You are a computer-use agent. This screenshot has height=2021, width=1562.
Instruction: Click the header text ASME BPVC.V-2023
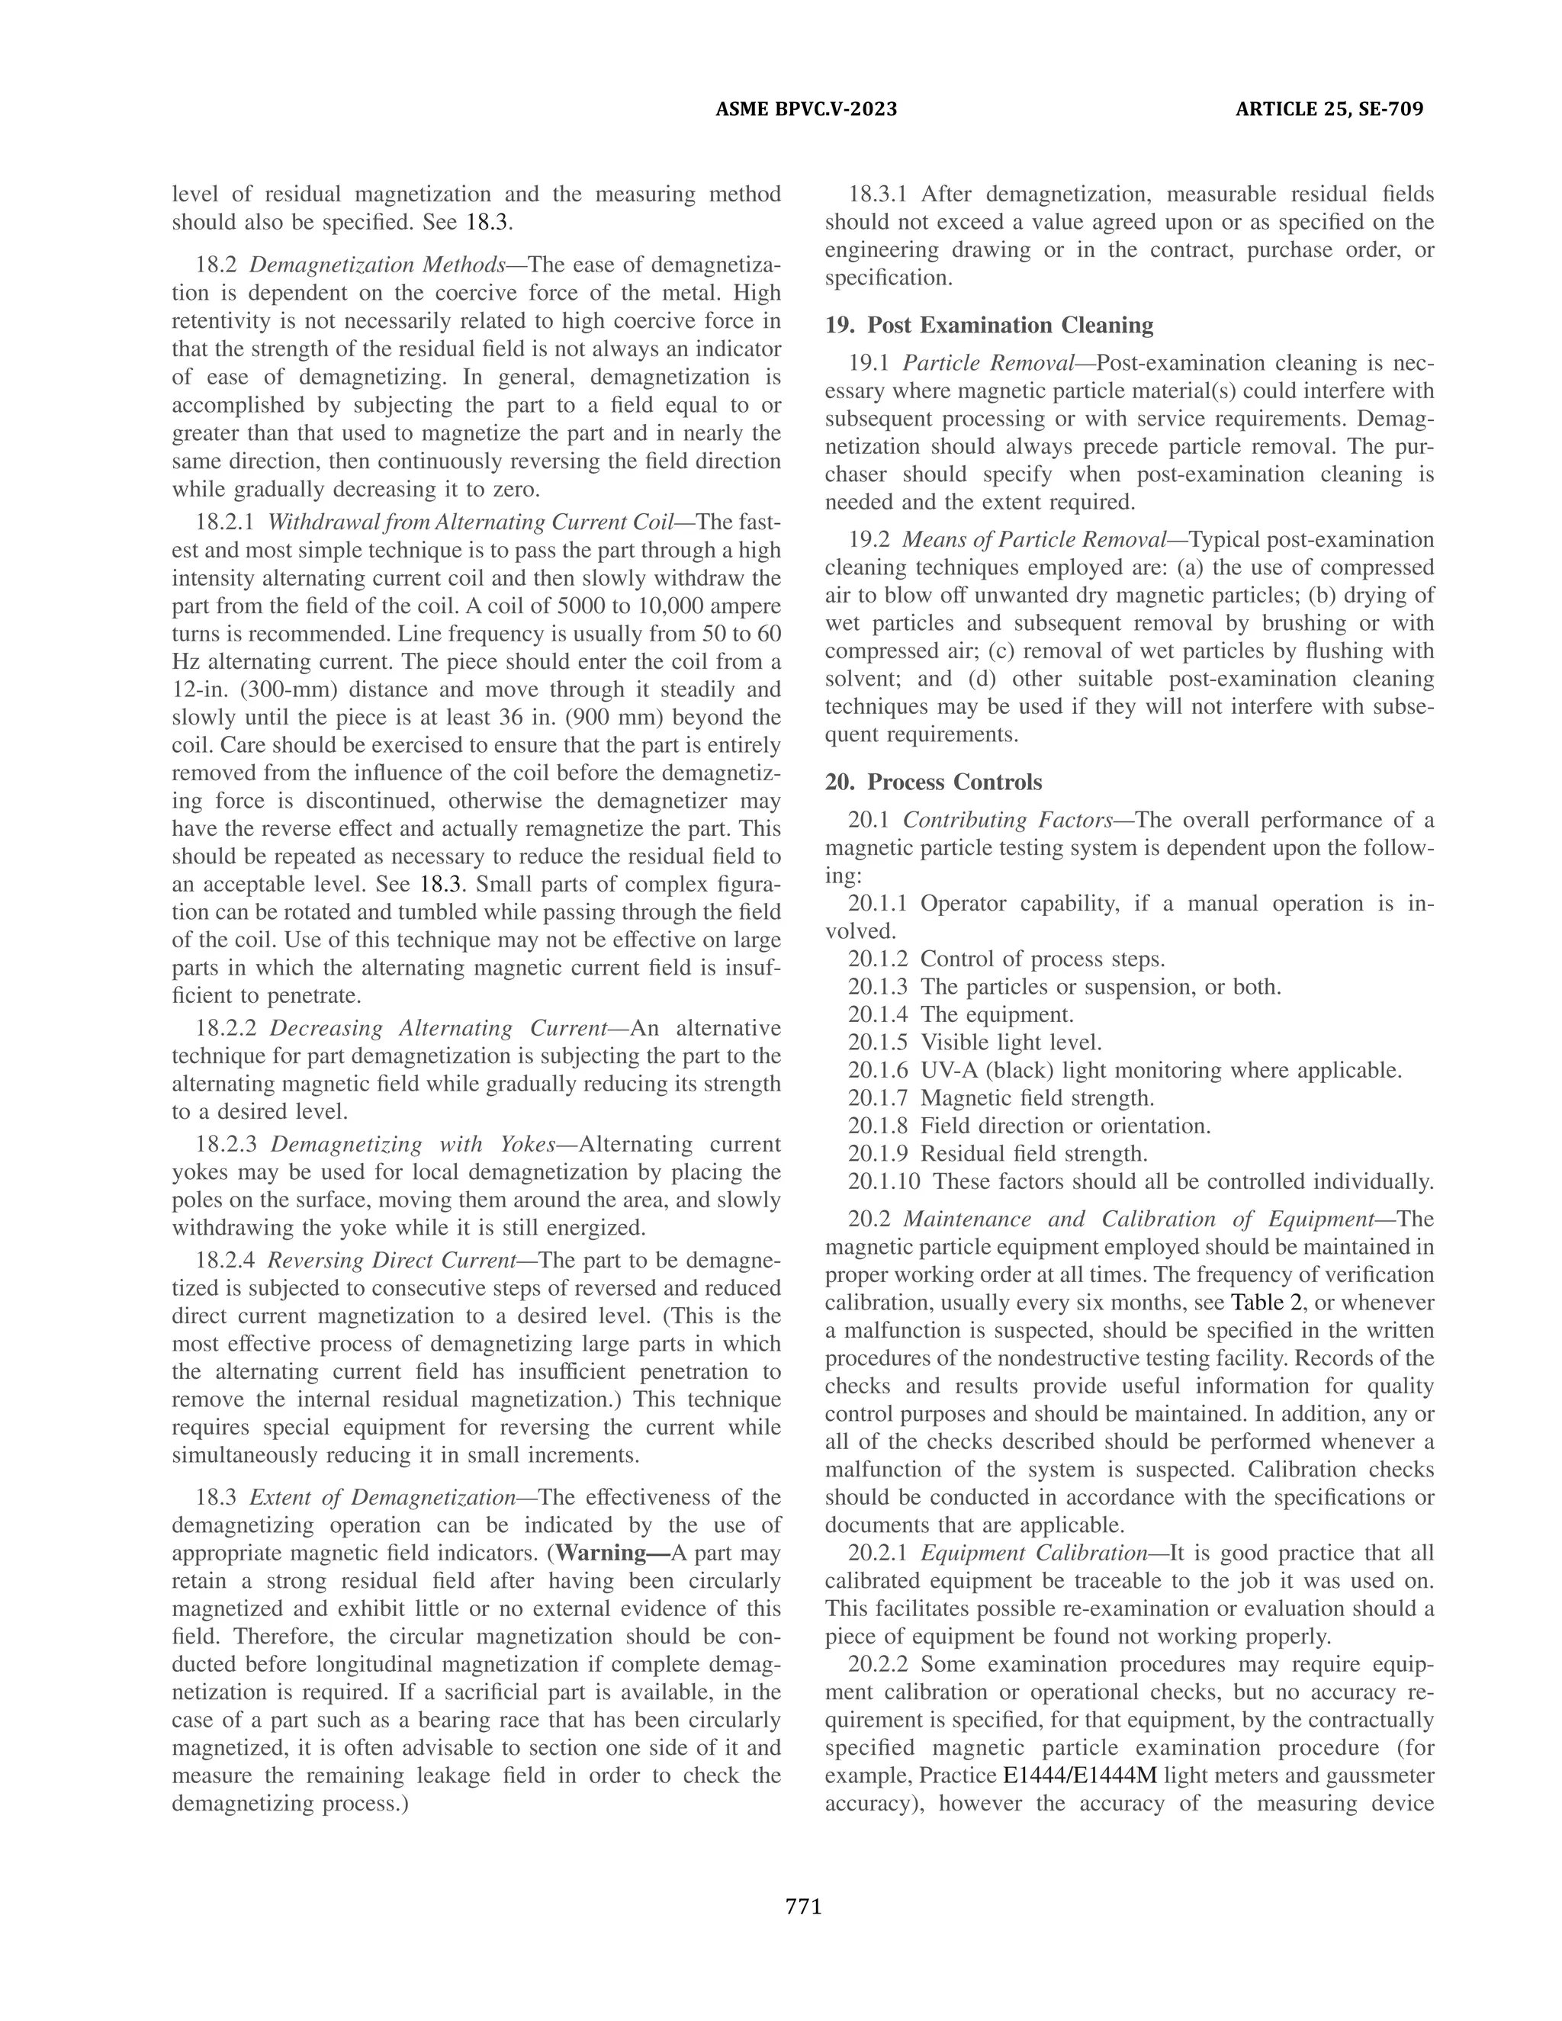[x=806, y=109]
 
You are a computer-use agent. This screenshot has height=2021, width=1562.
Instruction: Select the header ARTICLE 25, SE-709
[x=1329, y=109]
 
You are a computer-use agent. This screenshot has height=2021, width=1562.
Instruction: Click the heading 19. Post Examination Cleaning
[x=989, y=325]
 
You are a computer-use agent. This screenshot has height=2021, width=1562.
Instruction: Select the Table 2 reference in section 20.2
[x=1264, y=1303]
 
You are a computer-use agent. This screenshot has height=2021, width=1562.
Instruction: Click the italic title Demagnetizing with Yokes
[x=412, y=1145]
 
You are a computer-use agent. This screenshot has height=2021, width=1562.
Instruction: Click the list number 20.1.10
[x=884, y=1181]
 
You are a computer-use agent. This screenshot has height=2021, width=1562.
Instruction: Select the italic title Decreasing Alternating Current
[x=438, y=1028]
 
